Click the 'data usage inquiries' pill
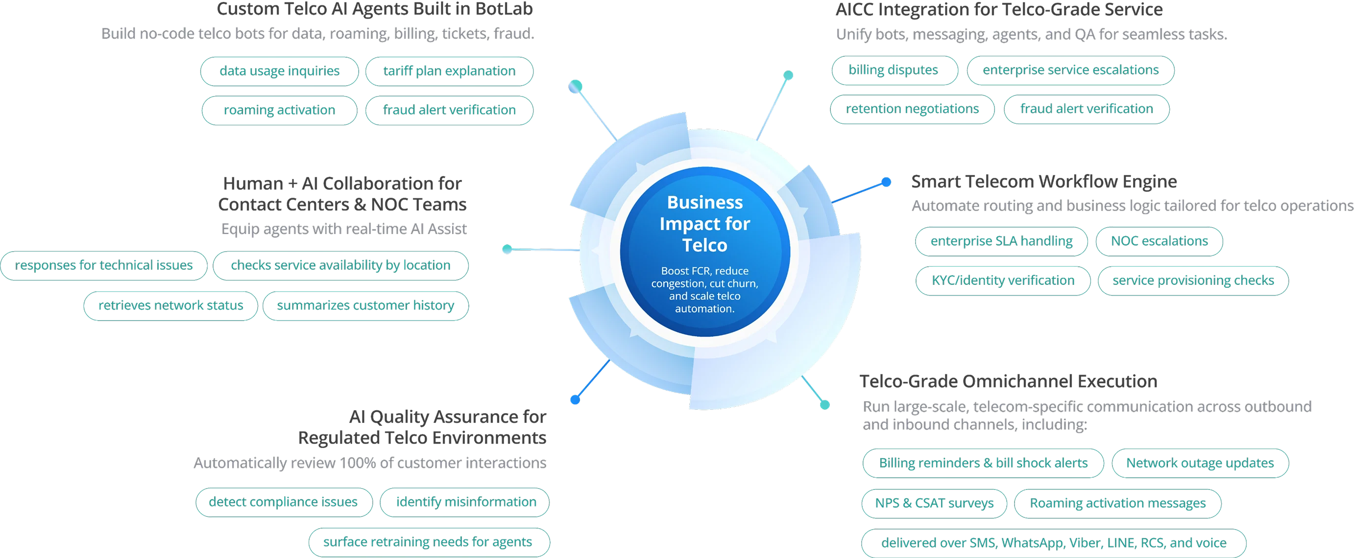[x=279, y=71]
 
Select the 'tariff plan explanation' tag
[x=449, y=71]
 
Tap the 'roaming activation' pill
[x=279, y=110]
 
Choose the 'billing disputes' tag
[x=893, y=70]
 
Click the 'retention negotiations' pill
[x=912, y=109]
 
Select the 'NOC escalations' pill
[x=1159, y=241]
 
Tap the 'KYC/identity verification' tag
[x=1002, y=280]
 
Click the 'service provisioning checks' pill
[x=1193, y=280]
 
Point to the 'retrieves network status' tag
[x=170, y=305]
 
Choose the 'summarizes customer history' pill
[x=365, y=305]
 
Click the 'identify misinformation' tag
[x=465, y=502]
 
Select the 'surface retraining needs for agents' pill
[x=428, y=542]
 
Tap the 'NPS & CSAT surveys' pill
[x=934, y=503]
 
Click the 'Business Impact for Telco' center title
[x=704, y=224]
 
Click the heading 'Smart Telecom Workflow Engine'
[x=1044, y=181]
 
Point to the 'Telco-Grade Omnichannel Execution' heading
[x=1008, y=380]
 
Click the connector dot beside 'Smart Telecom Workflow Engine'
[x=886, y=182]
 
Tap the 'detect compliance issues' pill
[x=283, y=502]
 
